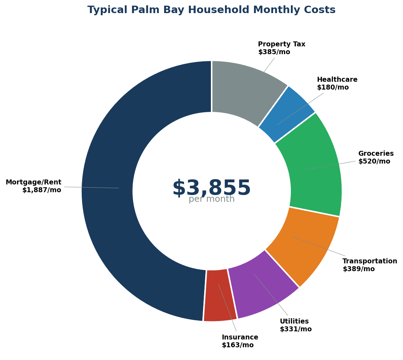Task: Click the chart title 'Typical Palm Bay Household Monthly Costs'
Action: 211,10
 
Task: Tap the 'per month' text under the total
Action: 211,199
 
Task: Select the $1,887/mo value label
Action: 42,190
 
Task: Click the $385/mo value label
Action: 274,52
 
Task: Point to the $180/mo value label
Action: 333,87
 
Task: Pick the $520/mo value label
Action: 374,161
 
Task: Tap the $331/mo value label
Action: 295,329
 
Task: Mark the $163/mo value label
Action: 237,345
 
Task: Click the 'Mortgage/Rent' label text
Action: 33,182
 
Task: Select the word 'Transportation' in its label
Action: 370,261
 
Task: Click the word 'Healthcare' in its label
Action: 337,80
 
